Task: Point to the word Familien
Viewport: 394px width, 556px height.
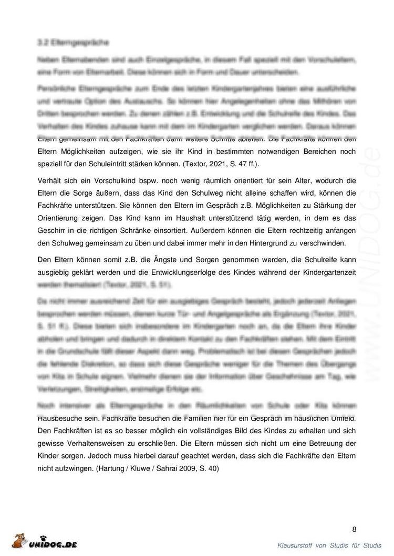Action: pos(200,419)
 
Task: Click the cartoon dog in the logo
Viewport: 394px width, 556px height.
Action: pos(19,541)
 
